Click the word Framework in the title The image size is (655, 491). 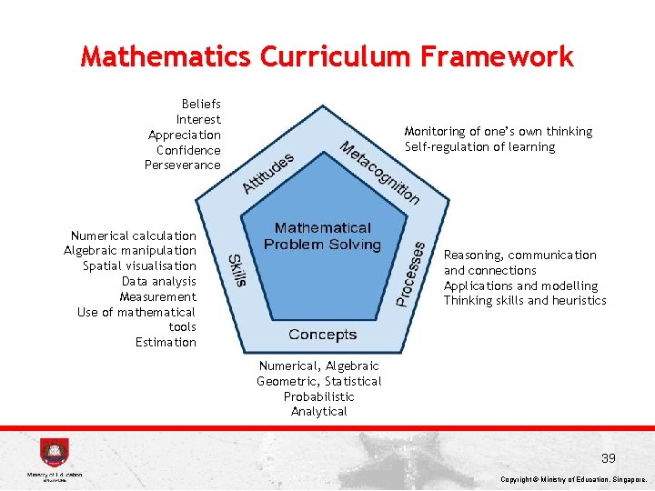pyautogui.click(x=497, y=56)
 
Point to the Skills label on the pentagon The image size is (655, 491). pyautogui.click(x=237, y=270)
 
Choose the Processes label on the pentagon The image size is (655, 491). pyautogui.click(x=411, y=272)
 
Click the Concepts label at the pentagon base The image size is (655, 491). pyautogui.click(x=322, y=335)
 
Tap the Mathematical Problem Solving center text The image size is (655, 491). pyautogui.click(x=322, y=236)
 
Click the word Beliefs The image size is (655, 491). pyautogui.click(x=201, y=105)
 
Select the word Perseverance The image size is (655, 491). pyautogui.click(x=182, y=165)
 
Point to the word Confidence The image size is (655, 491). pyautogui.click(x=188, y=150)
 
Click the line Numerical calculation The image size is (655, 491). pyautogui.click(x=134, y=235)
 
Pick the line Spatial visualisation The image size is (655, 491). pyautogui.click(x=139, y=266)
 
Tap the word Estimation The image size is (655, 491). pyautogui.click(x=166, y=342)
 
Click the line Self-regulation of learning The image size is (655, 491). pyautogui.click(x=479, y=146)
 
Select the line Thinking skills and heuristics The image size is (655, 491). pyautogui.click(x=524, y=300)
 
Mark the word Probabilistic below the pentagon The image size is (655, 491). pyautogui.click(x=318, y=396)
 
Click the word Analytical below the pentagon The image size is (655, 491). pyautogui.click(x=318, y=411)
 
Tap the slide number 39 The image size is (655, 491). pyautogui.click(x=608, y=458)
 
